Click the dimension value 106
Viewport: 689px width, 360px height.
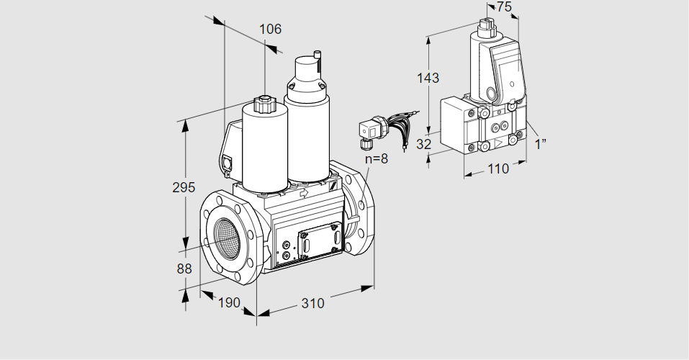270,30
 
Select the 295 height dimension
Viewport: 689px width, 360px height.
184,187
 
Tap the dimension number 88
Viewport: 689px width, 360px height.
184,269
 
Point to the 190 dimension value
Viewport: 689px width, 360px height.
228,303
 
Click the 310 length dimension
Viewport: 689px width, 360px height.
312,303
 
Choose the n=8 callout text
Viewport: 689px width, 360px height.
375,158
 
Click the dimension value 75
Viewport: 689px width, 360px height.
504,6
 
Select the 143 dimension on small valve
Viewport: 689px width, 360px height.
428,78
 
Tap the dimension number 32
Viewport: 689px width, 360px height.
424,144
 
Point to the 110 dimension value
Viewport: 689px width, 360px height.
497,168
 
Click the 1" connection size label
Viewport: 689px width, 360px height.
541,144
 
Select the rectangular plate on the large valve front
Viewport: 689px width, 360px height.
318,240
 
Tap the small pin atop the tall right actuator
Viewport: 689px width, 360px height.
317,55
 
